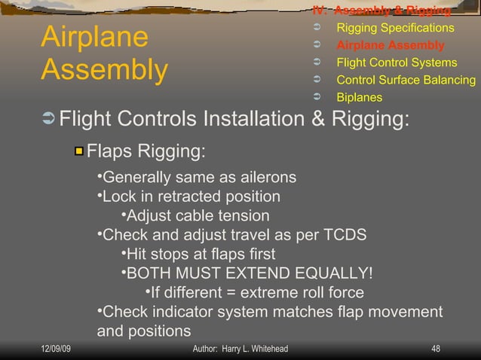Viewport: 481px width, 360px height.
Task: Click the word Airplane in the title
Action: [x=94, y=38]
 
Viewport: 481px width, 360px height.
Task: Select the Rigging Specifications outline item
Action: [x=395, y=28]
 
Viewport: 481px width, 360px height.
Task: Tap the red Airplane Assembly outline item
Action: [x=390, y=45]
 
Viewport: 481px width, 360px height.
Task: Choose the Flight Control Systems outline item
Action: [x=396, y=63]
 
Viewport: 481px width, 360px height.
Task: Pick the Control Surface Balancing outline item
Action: [x=406, y=80]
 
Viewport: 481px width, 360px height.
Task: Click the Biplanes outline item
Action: [x=359, y=97]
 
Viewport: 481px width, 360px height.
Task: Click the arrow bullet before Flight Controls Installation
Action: [x=49, y=120]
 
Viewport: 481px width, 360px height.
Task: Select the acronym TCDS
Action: [x=345, y=234]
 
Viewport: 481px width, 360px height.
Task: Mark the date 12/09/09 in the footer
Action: [x=57, y=349]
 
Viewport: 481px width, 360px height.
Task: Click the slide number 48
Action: [x=435, y=349]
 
